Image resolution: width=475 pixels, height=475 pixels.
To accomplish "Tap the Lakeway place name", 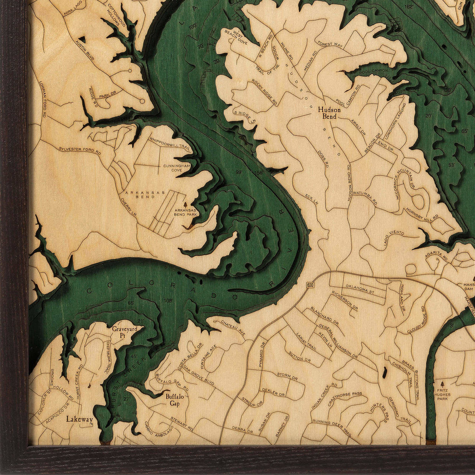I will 79,419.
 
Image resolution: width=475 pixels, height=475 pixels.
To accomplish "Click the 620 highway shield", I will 310,285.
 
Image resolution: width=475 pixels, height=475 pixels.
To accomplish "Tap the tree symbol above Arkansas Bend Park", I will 186,205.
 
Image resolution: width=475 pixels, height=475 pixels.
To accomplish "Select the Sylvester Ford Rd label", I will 80,150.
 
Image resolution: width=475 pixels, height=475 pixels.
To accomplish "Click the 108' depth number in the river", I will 168,301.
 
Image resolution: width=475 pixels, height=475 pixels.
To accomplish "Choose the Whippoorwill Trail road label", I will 170,143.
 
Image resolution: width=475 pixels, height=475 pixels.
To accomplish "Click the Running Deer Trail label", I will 332,424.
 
